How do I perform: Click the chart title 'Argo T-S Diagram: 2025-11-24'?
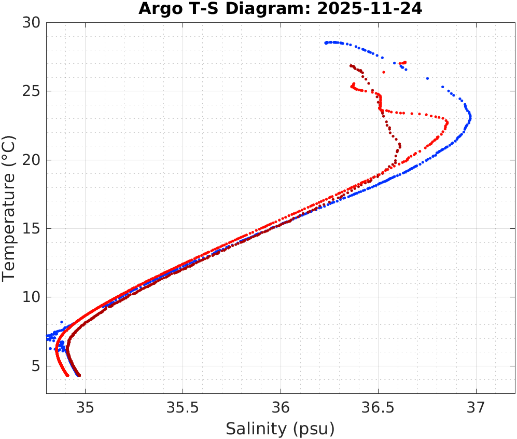tap(280, 9)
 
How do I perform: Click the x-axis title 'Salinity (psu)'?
tap(280, 429)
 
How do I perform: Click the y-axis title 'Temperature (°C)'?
tap(9, 208)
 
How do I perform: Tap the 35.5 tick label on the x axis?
tap(183, 406)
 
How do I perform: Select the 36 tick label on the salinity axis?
tap(281, 406)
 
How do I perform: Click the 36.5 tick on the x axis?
tap(378, 406)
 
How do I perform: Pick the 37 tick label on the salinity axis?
tap(476, 406)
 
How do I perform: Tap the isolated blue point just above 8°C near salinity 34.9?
tap(62, 322)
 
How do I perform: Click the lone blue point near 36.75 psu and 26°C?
tap(427, 78)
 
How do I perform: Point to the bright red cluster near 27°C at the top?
tap(403, 63)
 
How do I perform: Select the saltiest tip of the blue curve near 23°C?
tap(470, 118)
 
